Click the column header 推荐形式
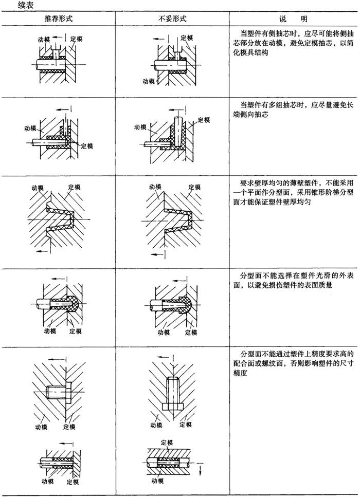pos(58,19)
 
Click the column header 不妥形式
pos(172,19)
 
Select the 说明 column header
pos(293,19)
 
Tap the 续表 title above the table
pos(26,5)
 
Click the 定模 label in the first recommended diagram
pos(76,39)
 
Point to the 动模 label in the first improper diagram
pos(148,81)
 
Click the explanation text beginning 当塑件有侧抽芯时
pos(293,43)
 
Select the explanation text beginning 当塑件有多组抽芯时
pos(293,109)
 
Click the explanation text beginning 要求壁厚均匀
pos(293,192)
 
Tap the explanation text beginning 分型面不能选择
pos(293,280)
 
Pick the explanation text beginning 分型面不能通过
pos(293,363)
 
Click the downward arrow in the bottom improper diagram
pos(201,470)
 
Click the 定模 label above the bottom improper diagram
pos(167,443)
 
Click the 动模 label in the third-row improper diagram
pos(155,187)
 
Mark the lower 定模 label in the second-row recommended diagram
pos(87,146)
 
